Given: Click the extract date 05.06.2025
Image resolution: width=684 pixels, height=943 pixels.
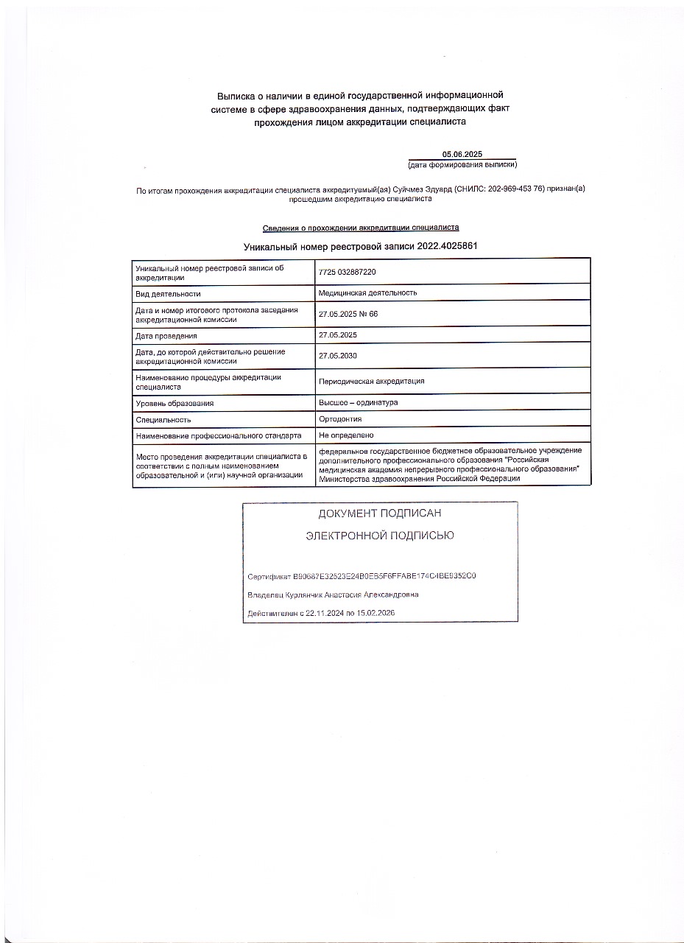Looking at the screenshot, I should tap(462, 153).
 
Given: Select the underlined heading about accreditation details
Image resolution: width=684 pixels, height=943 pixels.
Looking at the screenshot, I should tap(361, 228).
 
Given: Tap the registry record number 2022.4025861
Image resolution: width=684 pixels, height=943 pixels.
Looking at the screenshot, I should tap(447, 246).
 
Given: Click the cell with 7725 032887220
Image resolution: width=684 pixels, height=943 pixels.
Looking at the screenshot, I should tap(347, 272).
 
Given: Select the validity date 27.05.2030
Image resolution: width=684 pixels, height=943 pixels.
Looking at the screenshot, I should tap(337, 355).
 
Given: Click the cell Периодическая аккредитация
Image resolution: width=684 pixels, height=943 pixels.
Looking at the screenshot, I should tap(371, 381).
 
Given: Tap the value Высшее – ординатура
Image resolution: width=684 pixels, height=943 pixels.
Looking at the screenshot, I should tap(358, 402).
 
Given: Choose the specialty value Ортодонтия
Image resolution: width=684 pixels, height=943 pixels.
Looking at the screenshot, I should tap(340, 418).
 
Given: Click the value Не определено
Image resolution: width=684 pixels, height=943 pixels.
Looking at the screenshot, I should tap(346, 435).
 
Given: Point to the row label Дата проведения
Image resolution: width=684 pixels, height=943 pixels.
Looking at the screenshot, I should tap(166, 336).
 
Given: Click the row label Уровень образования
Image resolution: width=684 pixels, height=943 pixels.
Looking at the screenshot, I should tap(174, 403).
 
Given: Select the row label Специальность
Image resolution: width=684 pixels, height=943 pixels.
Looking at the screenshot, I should tap(163, 419).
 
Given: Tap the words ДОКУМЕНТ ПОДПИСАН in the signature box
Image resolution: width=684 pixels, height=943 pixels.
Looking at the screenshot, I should tap(379, 513).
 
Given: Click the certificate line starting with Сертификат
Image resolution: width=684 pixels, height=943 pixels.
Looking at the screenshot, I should tap(367, 575).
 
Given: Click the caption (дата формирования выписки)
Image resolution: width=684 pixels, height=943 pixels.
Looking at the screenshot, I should tap(462, 164).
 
